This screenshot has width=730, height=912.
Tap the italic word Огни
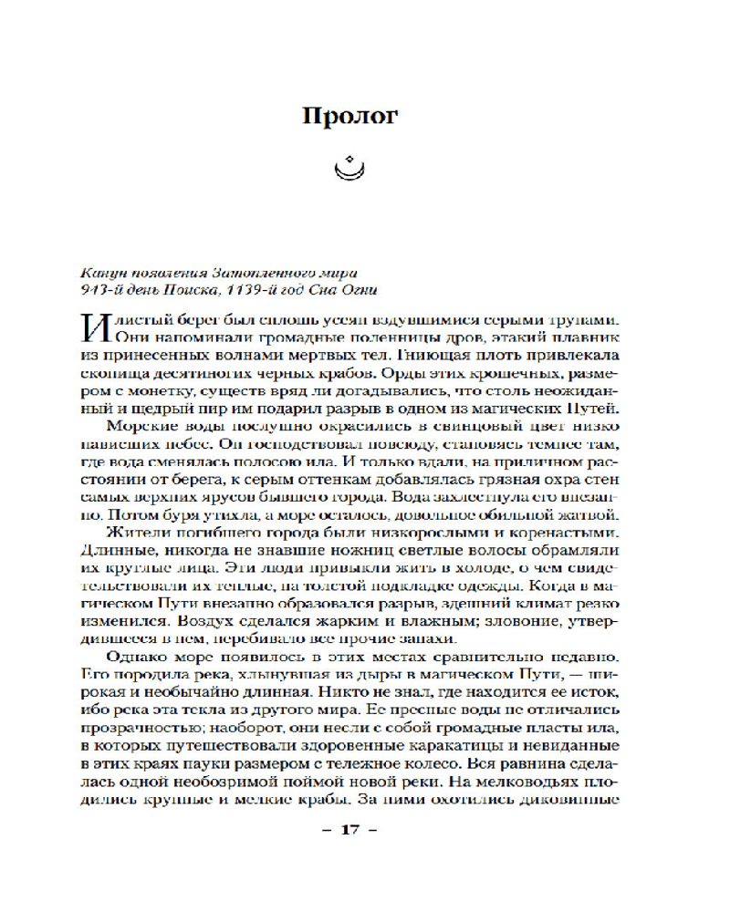coord(356,291)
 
